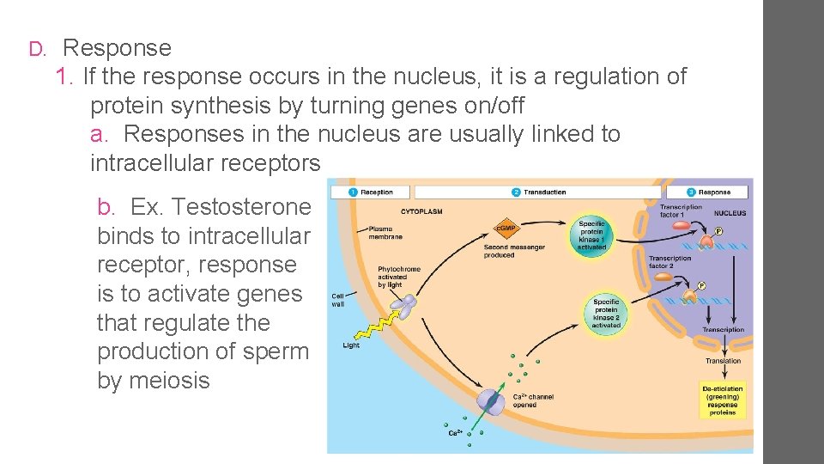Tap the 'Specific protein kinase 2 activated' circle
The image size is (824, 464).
[x=605, y=314]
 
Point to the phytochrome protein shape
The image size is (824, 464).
[x=403, y=302]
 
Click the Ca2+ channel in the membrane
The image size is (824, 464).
[x=490, y=403]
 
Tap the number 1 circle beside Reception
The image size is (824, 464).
[x=352, y=192]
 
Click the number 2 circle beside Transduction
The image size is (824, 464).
[x=516, y=192]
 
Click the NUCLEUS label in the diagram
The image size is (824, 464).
[x=730, y=213]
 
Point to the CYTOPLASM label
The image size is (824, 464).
[x=421, y=211]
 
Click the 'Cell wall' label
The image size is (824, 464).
[x=338, y=301]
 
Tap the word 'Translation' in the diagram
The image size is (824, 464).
[x=723, y=361]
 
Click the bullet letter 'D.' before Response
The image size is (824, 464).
[x=36, y=49]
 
